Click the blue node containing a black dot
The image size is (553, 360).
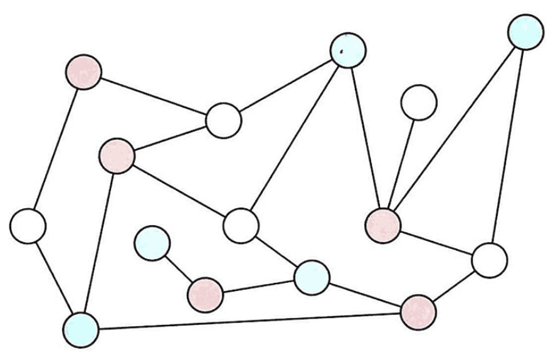point(349,50)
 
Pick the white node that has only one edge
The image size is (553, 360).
point(418,102)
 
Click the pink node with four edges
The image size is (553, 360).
point(383,225)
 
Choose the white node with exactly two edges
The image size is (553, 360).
point(28,226)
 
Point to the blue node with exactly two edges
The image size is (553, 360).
point(525,31)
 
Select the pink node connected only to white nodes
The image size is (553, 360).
point(84,71)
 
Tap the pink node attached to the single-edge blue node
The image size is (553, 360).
point(205,293)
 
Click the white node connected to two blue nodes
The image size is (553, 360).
point(241,225)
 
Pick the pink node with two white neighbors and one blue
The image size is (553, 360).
point(117,156)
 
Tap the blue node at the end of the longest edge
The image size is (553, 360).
point(81,329)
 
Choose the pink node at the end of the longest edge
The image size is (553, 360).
point(418,312)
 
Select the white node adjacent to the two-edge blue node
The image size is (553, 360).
point(488,260)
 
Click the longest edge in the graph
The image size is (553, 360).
point(249,320)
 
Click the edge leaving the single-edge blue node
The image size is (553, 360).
point(178,268)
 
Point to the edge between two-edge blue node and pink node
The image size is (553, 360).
point(454,128)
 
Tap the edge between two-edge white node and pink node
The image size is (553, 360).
point(55,149)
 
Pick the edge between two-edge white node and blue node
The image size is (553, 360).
point(54,277)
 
